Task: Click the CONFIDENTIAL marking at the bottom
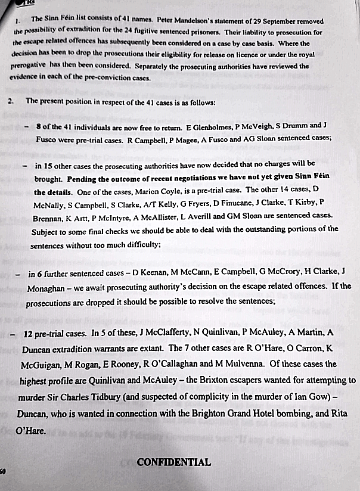(173, 462)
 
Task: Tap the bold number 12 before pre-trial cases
(29, 334)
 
